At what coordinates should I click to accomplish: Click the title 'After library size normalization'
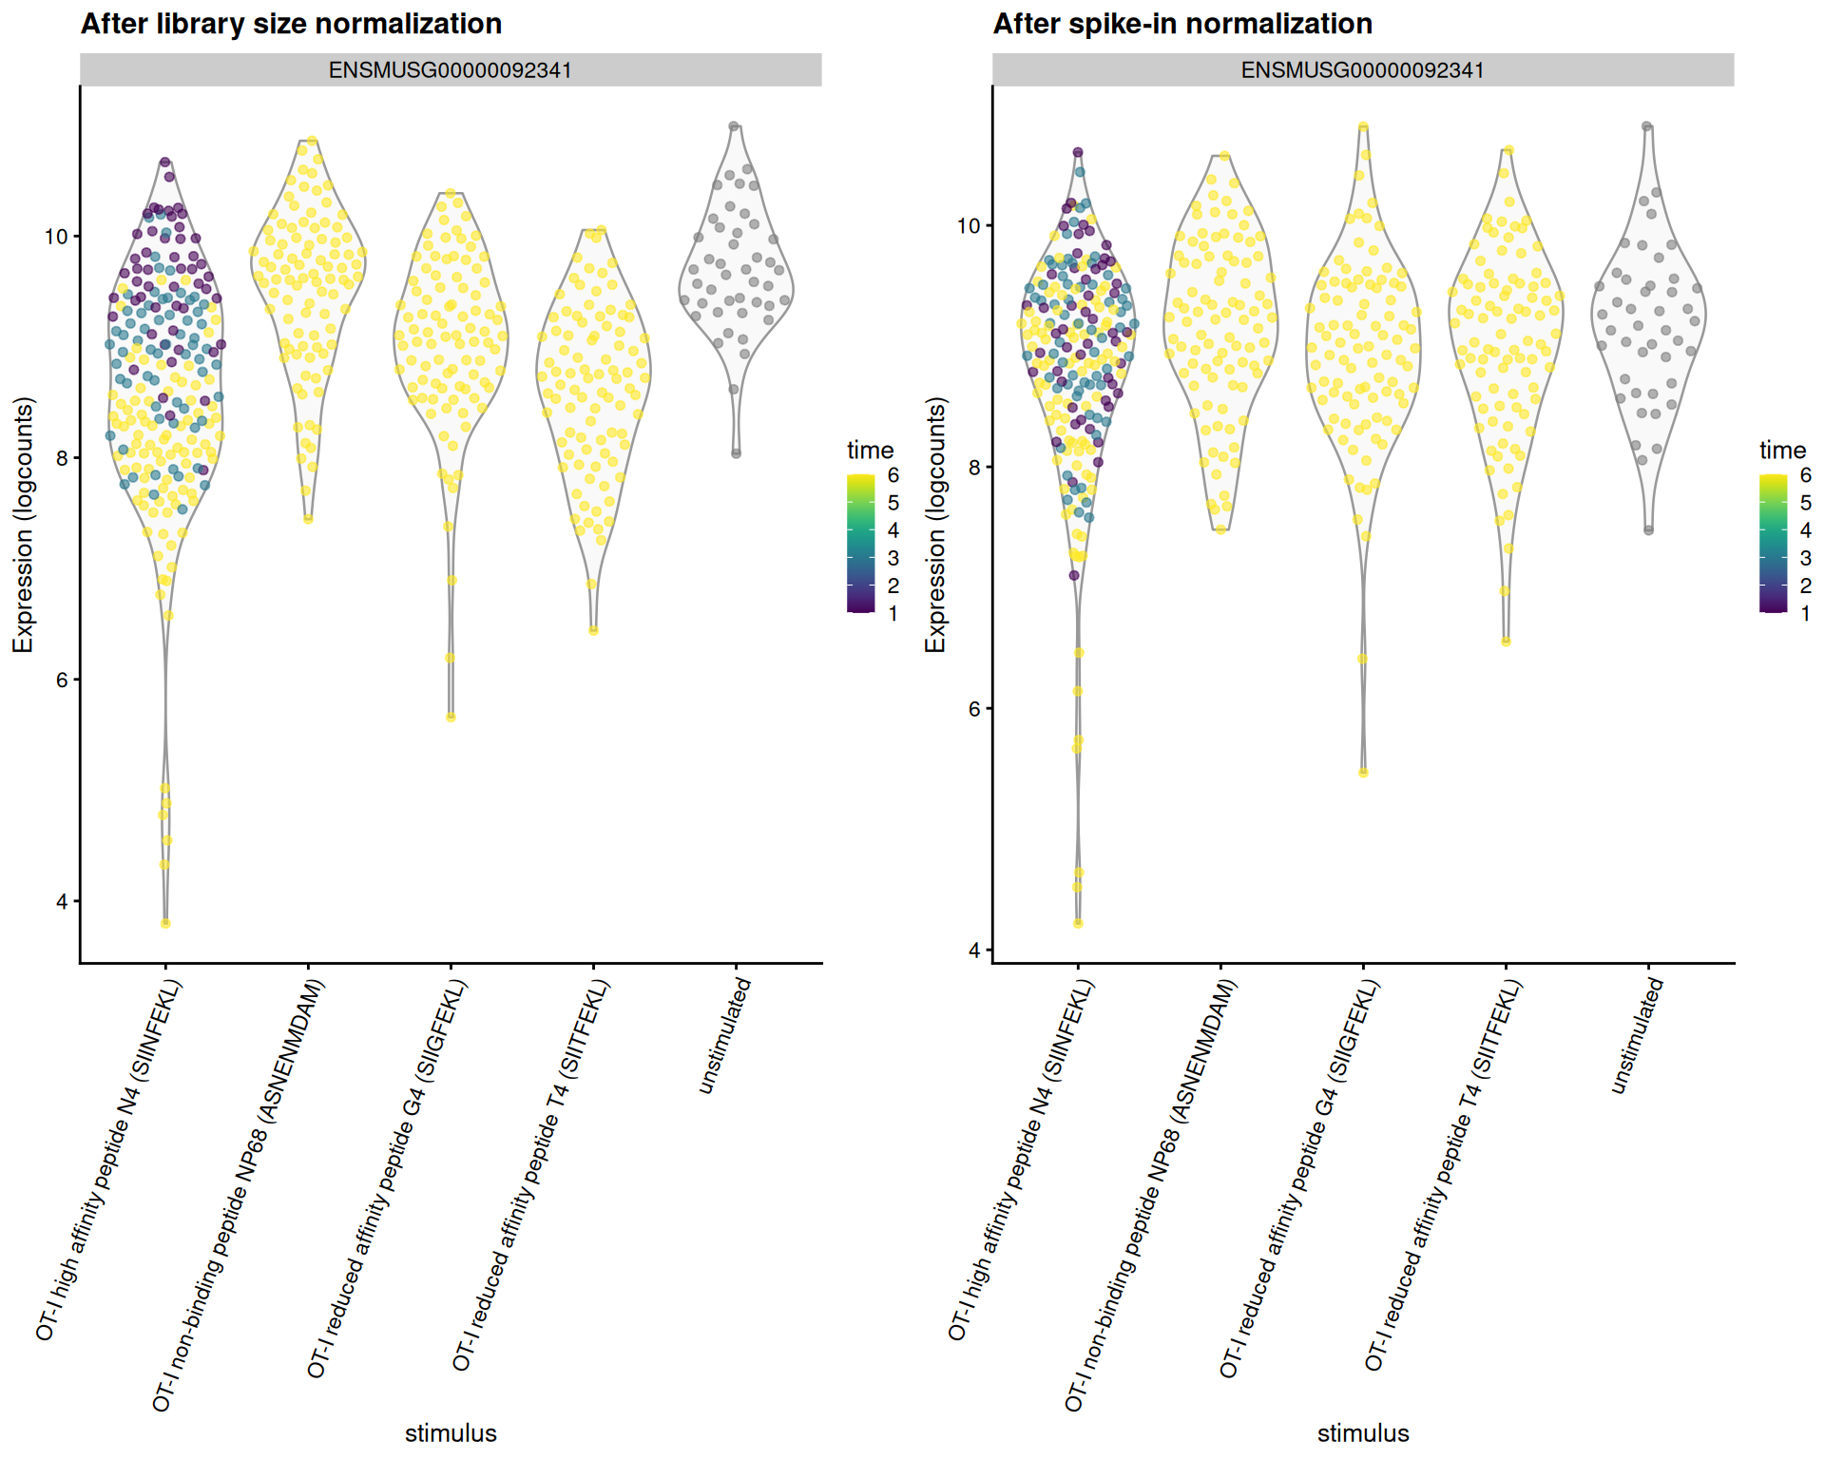tap(291, 23)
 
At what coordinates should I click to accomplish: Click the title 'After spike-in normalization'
tap(1181, 23)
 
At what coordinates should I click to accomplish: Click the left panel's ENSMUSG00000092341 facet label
tap(450, 70)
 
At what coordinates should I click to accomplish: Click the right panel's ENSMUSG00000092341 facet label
tap(1362, 70)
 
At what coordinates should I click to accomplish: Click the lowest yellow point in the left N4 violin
tap(165, 923)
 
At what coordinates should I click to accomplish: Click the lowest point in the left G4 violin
tap(451, 717)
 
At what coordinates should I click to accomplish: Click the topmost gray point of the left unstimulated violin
tap(734, 125)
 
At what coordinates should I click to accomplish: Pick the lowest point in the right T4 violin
tap(1506, 642)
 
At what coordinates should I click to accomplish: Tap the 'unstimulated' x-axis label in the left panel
tap(725, 1036)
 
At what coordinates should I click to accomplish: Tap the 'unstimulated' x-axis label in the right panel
tap(1638, 1036)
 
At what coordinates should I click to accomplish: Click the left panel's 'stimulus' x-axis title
tap(451, 1432)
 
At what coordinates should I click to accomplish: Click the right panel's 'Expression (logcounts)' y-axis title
tap(935, 525)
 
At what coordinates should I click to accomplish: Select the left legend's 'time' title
tap(870, 450)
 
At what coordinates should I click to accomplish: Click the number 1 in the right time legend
tap(1805, 613)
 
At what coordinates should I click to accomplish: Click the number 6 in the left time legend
tap(893, 474)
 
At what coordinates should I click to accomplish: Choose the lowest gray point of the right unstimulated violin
tap(1648, 530)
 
